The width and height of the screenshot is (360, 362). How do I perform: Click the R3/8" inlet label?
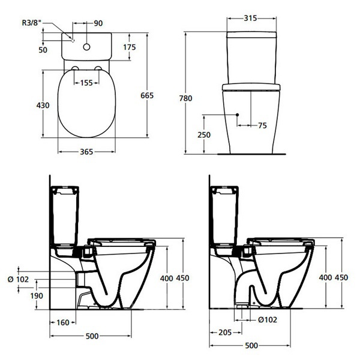click(32, 23)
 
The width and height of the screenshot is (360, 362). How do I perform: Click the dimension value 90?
click(98, 23)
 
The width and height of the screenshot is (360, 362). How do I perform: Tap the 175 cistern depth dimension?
click(130, 47)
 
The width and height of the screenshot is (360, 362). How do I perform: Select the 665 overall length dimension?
click(147, 95)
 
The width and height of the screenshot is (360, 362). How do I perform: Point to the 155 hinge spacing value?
click(86, 83)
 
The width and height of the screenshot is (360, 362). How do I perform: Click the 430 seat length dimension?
click(43, 105)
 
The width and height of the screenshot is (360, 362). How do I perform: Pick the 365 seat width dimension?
click(86, 152)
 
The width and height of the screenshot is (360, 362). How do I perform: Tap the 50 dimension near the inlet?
click(43, 50)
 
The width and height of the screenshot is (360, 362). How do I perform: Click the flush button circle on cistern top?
click(86, 47)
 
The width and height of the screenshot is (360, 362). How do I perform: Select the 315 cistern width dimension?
click(250, 18)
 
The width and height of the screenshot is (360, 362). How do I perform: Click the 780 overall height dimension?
click(186, 98)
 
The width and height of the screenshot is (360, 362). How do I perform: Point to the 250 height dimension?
click(204, 135)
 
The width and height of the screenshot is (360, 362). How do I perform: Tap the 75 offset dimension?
click(262, 126)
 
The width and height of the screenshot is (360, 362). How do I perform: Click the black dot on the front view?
click(238, 114)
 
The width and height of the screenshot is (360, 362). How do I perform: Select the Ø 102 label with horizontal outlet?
click(18, 279)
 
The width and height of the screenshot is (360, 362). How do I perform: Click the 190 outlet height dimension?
click(37, 295)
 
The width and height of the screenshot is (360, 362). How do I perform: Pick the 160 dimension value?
click(63, 322)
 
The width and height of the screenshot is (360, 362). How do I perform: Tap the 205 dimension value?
click(225, 333)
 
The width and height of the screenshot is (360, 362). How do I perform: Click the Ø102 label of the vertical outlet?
click(268, 320)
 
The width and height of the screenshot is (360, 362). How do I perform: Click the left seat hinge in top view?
click(75, 68)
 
